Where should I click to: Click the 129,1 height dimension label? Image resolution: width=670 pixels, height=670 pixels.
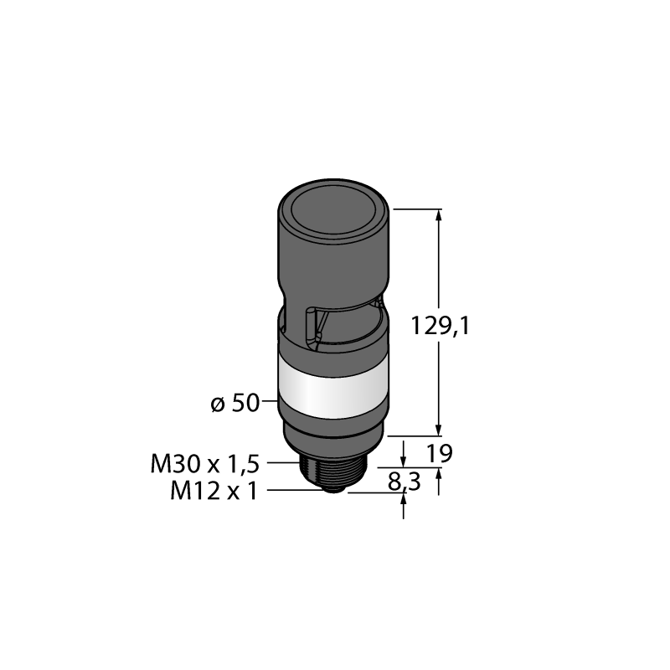pyautogui.click(x=441, y=326)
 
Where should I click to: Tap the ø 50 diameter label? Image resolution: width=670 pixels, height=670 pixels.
pyautogui.click(x=235, y=404)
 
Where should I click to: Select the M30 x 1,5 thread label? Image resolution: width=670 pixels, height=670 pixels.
pyautogui.click(x=204, y=464)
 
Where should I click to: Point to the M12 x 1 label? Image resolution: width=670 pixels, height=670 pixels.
pyautogui.click(x=214, y=491)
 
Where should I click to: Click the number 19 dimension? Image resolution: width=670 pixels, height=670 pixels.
pyautogui.click(x=440, y=453)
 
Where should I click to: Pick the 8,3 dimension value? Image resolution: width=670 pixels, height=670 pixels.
pyautogui.click(x=405, y=482)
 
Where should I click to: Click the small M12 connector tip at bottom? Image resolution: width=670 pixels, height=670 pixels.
pyautogui.click(x=333, y=490)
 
